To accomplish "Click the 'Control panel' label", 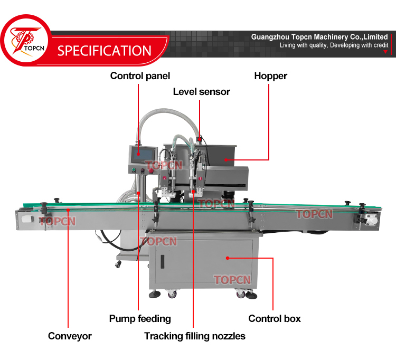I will [x=140, y=76].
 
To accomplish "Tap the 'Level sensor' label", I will [x=202, y=92].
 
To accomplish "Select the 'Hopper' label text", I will [x=270, y=76].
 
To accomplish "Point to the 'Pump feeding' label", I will [x=140, y=318].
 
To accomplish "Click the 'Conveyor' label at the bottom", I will [x=70, y=336].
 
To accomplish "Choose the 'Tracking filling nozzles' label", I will [x=195, y=336].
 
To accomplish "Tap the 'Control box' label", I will [x=275, y=318].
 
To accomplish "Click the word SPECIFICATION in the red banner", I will [x=105, y=51].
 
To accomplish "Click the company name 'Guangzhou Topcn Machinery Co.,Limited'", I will [x=319, y=37].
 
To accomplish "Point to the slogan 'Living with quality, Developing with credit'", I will [x=334, y=45].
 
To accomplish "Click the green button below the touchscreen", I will [x=134, y=170].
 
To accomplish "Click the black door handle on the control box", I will [x=162, y=261].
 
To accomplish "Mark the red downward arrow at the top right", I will [x=385, y=52].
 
